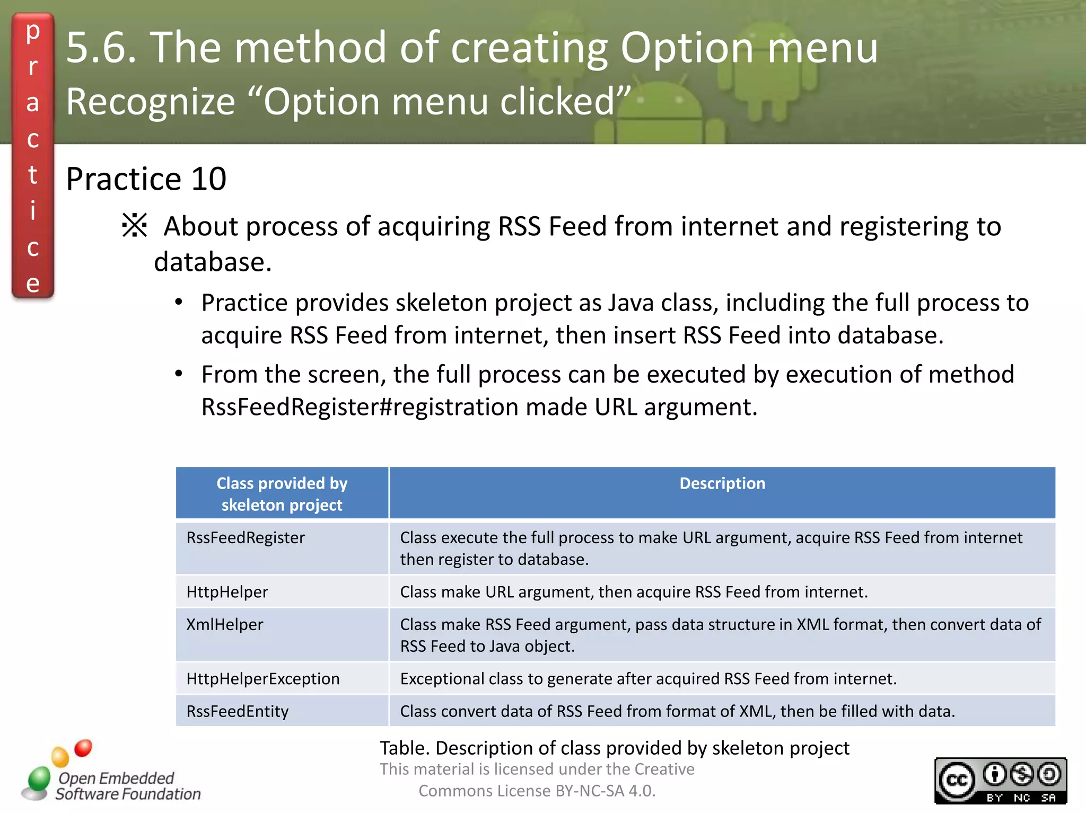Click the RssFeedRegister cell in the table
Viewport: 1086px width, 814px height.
(246, 538)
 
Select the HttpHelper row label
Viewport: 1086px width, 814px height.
(227, 592)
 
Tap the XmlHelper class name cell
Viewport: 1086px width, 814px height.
(225, 625)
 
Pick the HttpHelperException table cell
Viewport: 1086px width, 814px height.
(263, 679)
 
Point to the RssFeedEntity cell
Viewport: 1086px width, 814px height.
(238, 711)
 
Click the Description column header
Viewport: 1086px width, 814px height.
(722, 483)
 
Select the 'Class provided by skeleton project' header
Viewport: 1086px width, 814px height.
(282, 494)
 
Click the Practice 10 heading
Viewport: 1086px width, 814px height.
(146, 179)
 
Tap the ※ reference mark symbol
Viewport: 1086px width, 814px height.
(135, 225)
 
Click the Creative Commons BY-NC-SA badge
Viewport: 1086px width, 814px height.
(1000, 781)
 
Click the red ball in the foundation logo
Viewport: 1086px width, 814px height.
(83, 748)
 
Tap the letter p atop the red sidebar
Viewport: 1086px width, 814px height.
(33, 32)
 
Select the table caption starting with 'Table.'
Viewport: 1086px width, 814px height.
(614, 748)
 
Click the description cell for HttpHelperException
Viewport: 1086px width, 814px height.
(648, 679)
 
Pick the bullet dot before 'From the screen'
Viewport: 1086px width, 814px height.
(179, 374)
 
